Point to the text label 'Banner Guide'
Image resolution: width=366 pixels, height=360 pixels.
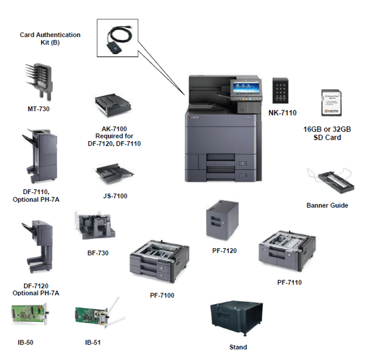coord(327,205)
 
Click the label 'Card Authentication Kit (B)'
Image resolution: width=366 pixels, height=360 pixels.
coord(50,39)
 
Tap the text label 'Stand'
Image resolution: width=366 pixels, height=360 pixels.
coord(238,347)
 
